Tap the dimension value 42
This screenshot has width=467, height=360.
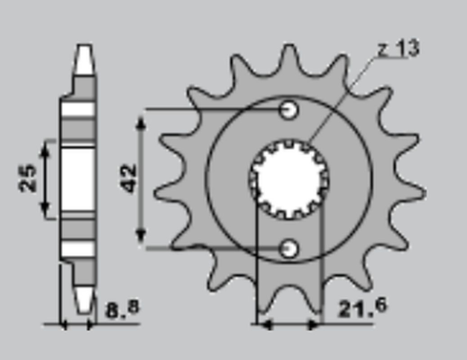tap(129, 179)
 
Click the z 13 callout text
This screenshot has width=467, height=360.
tap(398, 51)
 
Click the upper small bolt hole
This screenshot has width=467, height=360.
tap(289, 110)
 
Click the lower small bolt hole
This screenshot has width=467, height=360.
tap(289, 247)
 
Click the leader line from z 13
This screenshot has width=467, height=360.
tap(343, 99)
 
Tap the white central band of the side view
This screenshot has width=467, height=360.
tap(78, 179)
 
